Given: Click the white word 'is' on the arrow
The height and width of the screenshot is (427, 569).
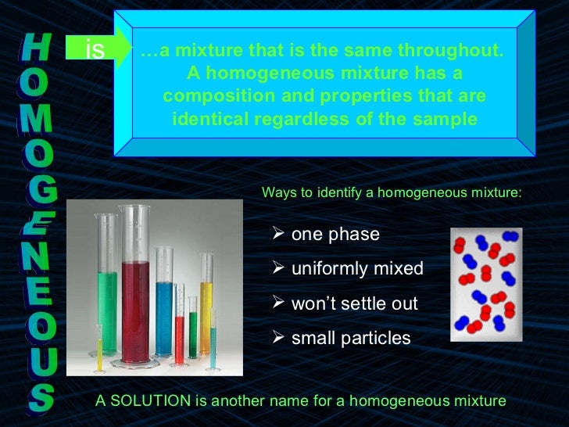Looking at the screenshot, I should pyautogui.click(x=94, y=51).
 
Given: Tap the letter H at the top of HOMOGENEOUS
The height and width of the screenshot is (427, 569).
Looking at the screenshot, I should pyautogui.click(x=37, y=48).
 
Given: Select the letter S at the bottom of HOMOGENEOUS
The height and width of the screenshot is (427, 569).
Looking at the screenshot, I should pyautogui.click(x=39, y=398).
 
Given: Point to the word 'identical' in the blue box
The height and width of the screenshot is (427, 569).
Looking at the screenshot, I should pyautogui.click(x=206, y=120).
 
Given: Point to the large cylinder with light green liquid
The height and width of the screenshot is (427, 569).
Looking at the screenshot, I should pyautogui.click(x=106, y=305).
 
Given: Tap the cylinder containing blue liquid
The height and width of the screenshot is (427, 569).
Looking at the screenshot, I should pyautogui.click(x=164, y=309).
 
